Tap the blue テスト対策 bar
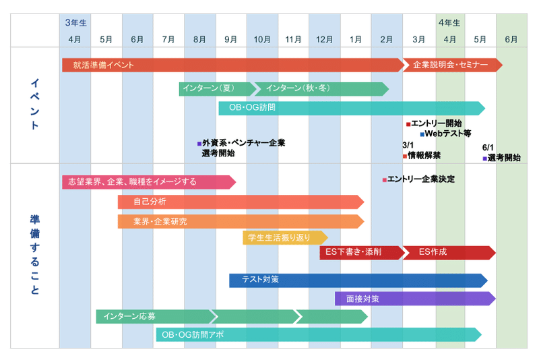click(358, 279)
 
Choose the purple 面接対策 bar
click(415, 299)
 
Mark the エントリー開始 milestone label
click(436, 123)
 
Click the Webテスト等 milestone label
click(447, 133)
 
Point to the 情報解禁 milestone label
click(424, 155)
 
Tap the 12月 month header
click(325, 39)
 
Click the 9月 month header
click(230, 39)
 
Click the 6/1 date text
click(488, 148)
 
